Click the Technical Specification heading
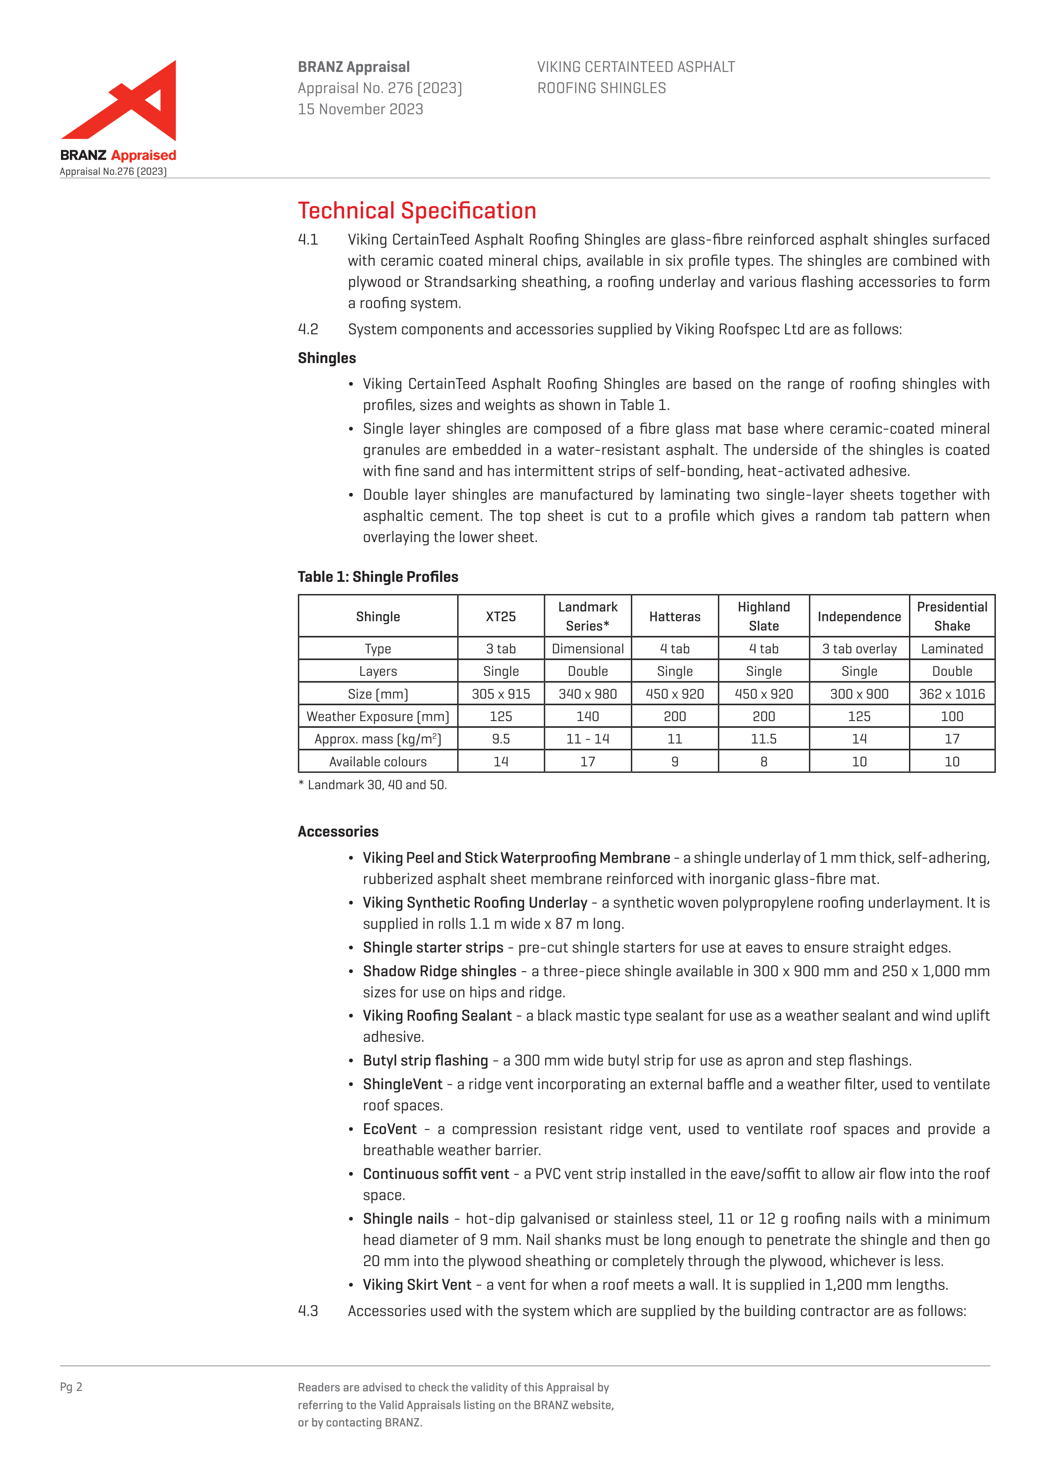point(417,211)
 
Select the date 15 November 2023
point(360,109)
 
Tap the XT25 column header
point(500,617)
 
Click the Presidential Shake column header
point(952,616)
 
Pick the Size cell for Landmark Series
point(587,694)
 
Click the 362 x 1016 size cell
point(952,694)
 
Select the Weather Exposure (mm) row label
point(378,717)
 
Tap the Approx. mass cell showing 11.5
point(763,739)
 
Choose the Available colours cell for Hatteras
point(674,762)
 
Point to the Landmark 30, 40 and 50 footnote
point(373,785)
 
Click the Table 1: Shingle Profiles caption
point(378,577)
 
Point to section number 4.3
point(308,1311)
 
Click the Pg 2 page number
point(71,1387)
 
